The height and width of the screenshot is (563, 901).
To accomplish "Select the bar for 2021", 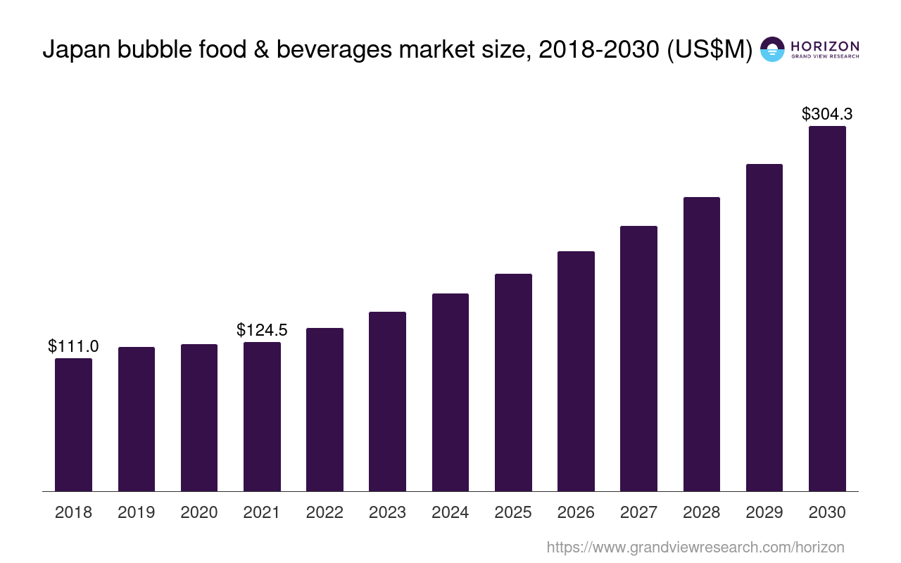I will (262, 417).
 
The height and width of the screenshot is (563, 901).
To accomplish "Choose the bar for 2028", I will (702, 344).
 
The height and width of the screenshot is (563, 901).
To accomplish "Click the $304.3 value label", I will (827, 114).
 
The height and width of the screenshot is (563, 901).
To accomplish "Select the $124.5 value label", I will (262, 330).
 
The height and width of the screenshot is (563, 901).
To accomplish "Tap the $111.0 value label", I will (73, 346).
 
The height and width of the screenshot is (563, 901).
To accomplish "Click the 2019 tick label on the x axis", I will (136, 512).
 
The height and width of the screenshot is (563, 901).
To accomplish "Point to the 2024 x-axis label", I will (450, 512).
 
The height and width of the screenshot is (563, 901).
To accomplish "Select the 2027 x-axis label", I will (638, 512).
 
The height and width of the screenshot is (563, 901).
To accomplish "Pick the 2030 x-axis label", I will (827, 512).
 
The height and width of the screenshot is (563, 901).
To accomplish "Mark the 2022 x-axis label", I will (325, 512).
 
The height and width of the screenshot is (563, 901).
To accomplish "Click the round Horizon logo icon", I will (772, 49).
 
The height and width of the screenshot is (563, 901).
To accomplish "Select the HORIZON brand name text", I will (824, 46).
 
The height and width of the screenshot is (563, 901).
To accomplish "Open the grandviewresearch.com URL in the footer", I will (695, 547).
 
